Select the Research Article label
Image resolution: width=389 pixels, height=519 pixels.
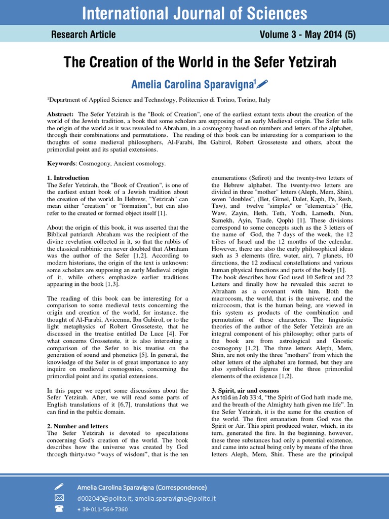click(83, 34)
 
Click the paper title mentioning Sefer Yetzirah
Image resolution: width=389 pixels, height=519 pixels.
click(200, 62)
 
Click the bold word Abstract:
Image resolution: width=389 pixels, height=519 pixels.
click(60, 115)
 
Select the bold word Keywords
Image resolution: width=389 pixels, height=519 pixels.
click(61, 163)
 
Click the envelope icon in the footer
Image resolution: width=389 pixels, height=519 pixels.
click(59, 498)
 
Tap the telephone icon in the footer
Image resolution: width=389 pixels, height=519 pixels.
click(59, 509)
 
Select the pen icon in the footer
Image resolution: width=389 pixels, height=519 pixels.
click(59, 487)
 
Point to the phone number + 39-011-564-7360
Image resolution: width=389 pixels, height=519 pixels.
click(102, 509)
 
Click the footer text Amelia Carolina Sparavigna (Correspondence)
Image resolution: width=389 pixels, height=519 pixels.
click(142, 487)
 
